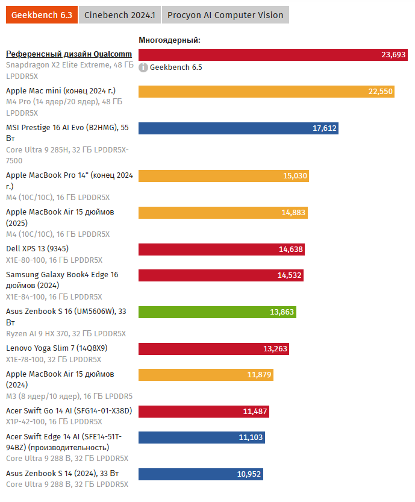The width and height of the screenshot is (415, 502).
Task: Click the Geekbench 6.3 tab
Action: click(42, 15)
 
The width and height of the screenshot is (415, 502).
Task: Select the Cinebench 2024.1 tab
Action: click(119, 15)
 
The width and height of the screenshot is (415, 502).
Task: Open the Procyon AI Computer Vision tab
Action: click(225, 15)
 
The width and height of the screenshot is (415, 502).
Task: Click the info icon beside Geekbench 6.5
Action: click(143, 67)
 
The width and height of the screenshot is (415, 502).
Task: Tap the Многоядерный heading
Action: click(169, 40)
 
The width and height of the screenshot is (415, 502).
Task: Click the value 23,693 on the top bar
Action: click(393, 55)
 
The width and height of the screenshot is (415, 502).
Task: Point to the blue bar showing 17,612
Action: click(238, 128)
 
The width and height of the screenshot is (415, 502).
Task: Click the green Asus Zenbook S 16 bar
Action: click(217, 312)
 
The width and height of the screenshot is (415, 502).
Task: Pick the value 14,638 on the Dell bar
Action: click(291, 249)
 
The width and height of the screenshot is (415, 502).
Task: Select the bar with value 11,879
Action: click(205, 375)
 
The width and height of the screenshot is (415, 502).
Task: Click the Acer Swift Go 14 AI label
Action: click(69, 411)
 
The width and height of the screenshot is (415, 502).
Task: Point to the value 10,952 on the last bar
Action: click(249, 474)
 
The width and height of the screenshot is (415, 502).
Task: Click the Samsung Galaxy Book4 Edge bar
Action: click(220, 275)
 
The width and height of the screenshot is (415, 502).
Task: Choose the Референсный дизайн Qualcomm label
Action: click(69, 54)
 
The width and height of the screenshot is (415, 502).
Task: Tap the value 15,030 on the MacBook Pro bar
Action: click(295, 176)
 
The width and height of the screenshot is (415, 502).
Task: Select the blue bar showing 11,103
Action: click(201, 438)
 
